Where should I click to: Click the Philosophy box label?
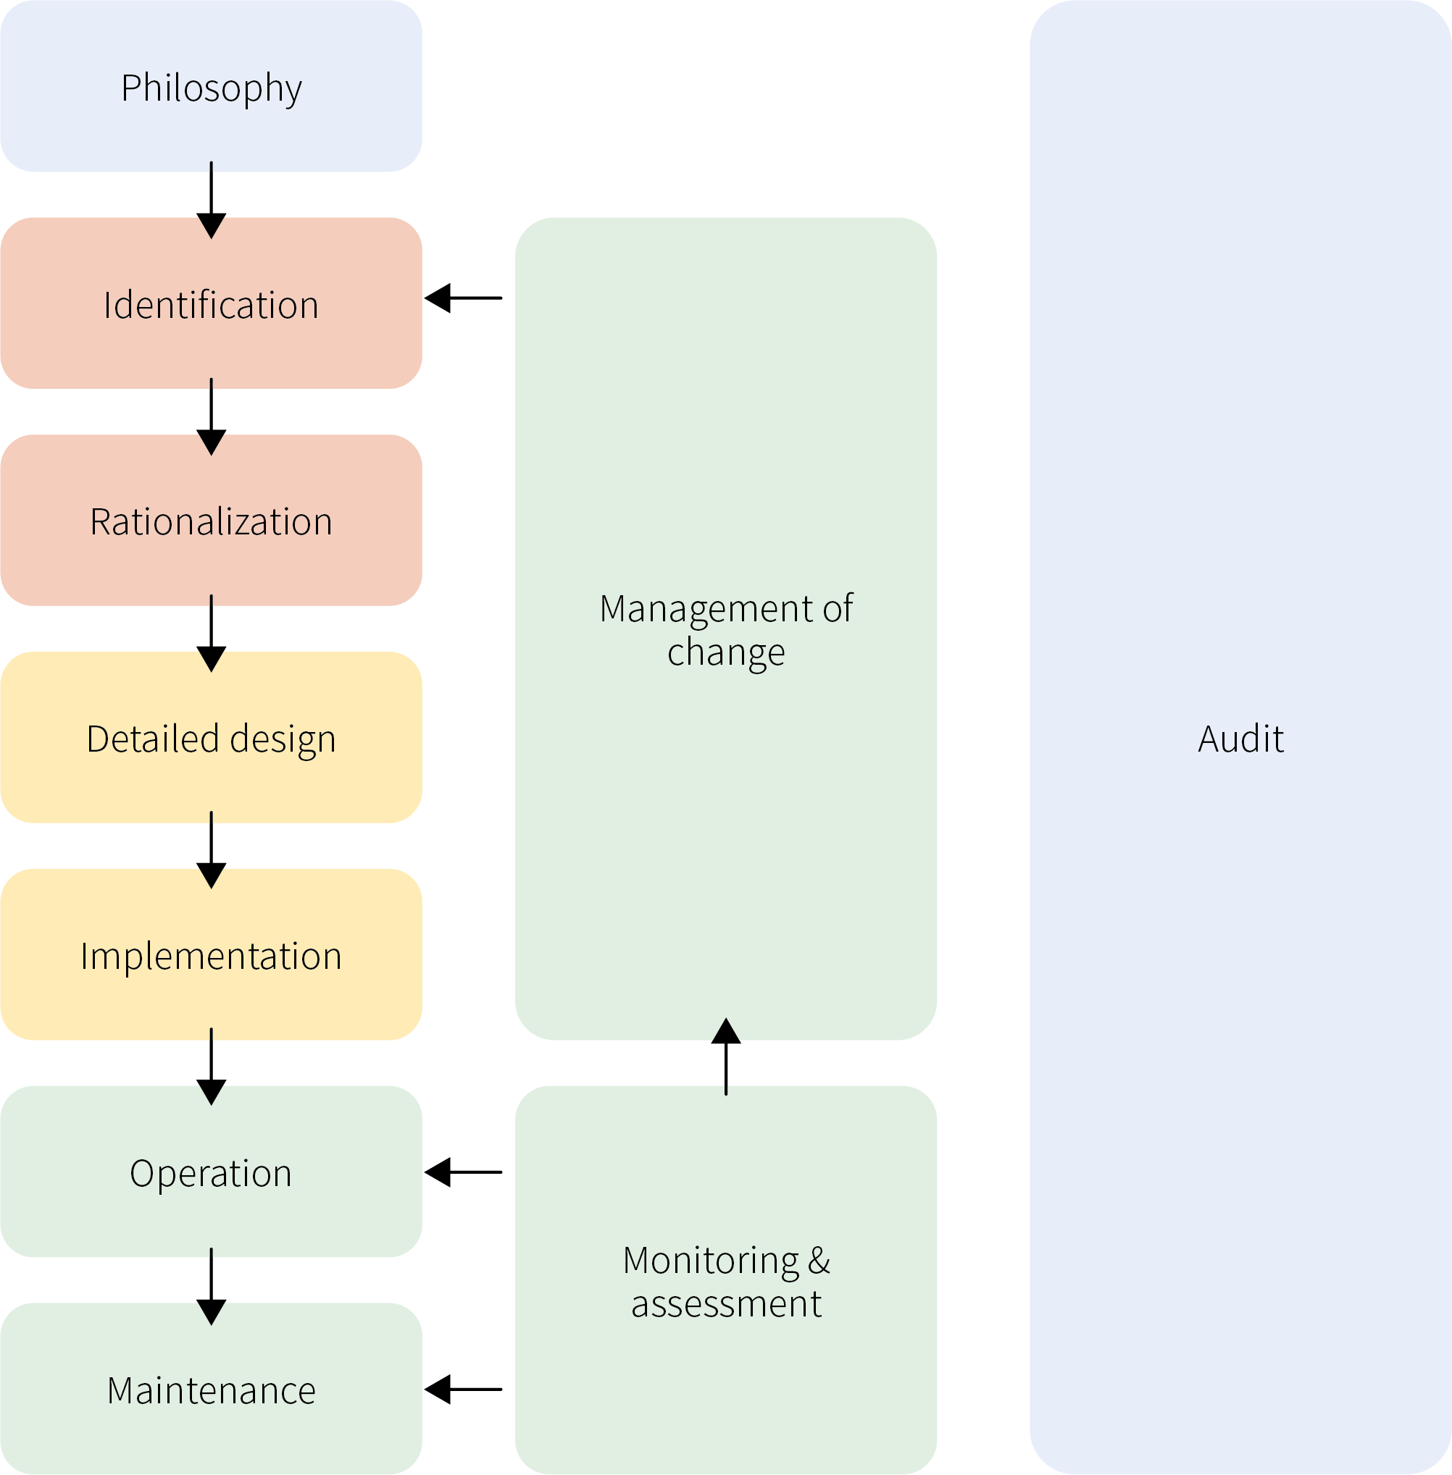pyautogui.click(x=212, y=88)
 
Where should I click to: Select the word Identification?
pyautogui.click(x=212, y=305)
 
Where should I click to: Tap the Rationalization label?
pyautogui.click(x=212, y=522)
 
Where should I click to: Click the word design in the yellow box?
pyautogui.click(x=283, y=739)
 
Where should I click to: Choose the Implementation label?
pyautogui.click(x=212, y=956)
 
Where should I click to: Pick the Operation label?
pyautogui.click(x=212, y=1173)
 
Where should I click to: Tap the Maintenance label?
pyautogui.click(x=212, y=1390)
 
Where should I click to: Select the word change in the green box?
pyautogui.click(x=726, y=652)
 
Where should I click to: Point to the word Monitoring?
pyautogui.click(x=710, y=1260)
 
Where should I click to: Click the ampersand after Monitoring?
pyautogui.click(x=818, y=1260)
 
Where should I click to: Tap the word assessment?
pyautogui.click(x=726, y=1303)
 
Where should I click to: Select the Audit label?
pyautogui.click(x=1240, y=739)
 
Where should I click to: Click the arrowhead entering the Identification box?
pyautogui.click(x=212, y=228)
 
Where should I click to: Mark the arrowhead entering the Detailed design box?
pyautogui.click(x=212, y=662)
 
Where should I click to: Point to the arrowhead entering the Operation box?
pyautogui.click(x=212, y=1096)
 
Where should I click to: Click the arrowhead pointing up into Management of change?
pyautogui.click(x=726, y=1030)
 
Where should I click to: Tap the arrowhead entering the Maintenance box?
pyautogui.click(x=212, y=1313)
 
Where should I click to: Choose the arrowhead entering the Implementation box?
pyautogui.click(x=212, y=879)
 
